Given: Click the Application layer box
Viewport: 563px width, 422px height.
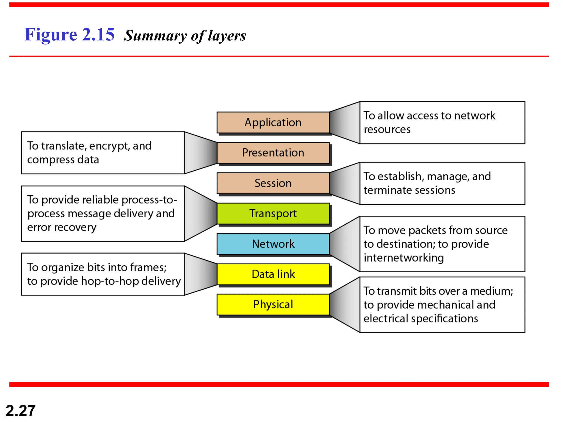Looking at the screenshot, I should pyautogui.click(x=273, y=123).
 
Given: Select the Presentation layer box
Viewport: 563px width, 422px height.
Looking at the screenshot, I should pyautogui.click(x=273, y=153).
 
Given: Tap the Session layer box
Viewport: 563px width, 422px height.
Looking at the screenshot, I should pyautogui.click(x=273, y=183).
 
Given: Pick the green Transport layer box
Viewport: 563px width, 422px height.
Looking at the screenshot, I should pyautogui.click(x=273, y=213).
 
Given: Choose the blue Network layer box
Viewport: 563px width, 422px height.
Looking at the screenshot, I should pyautogui.click(x=273, y=244).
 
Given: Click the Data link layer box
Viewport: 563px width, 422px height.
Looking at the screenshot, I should pyautogui.click(x=273, y=274).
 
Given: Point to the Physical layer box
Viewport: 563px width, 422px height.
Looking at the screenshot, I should pyautogui.click(x=273, y=304).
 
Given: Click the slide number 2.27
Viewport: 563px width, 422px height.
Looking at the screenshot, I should pyautogui.click(x=21, y=411).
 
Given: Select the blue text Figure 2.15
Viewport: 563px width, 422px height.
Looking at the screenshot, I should pyautogui.click(x=69, y=35).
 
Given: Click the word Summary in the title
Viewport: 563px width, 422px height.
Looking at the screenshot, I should pyautogui.click(x=155, y=36).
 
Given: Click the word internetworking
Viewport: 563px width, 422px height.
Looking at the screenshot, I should pyautogui.click(x=404, y=258).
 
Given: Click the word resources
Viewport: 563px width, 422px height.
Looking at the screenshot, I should pyautogui.click(x=387, y=129).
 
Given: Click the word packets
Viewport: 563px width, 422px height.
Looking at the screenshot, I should pyautogui.click(x=426, y=231).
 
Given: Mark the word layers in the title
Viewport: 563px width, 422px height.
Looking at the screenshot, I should pyautogui.click(x=227, y=36).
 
